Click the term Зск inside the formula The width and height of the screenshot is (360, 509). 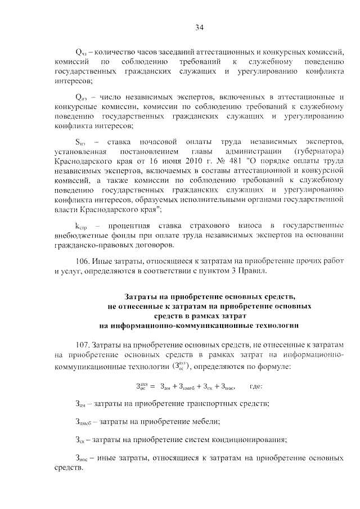point(210,387)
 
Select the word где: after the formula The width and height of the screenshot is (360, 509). point(255,386)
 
